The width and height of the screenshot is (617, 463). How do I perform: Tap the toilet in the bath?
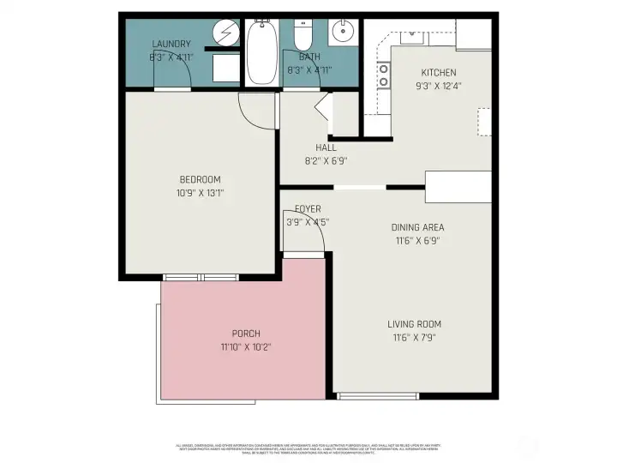(303, 35)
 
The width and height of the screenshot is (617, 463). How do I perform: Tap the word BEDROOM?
(200, 179)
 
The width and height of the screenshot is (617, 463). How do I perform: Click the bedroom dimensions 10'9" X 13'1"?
(200, 192)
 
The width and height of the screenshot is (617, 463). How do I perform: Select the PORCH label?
(246, 334)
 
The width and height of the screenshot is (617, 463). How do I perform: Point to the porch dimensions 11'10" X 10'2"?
(246, 346)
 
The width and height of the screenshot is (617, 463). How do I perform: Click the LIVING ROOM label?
(414, 323)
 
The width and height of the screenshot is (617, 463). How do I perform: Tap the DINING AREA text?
(417, 227)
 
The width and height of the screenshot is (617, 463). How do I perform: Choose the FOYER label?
(308, 209)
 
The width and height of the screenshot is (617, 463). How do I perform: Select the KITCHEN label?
(438, 73)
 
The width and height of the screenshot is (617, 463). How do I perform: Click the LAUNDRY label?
(171, 45)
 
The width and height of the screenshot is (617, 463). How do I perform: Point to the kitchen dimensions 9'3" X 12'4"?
(438, 86)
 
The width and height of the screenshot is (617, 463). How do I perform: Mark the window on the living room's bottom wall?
(378, 395)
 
